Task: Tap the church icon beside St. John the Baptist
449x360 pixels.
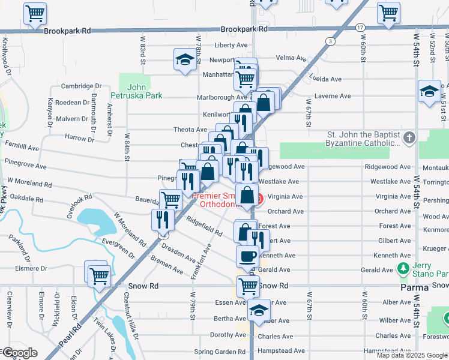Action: [x=409, y=139]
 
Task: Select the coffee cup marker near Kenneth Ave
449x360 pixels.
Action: [x=247, y=257]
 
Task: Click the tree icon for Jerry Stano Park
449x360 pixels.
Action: [x=405, y=268]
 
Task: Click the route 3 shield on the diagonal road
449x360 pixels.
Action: [x=331, y=41]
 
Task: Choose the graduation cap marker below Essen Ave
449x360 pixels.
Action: [x=259, y=311]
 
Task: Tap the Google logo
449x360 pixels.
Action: [x=19, y=353]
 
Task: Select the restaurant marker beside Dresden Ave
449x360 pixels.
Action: [x=163, y=219]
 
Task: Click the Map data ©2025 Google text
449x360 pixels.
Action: [x=412, y=355]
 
